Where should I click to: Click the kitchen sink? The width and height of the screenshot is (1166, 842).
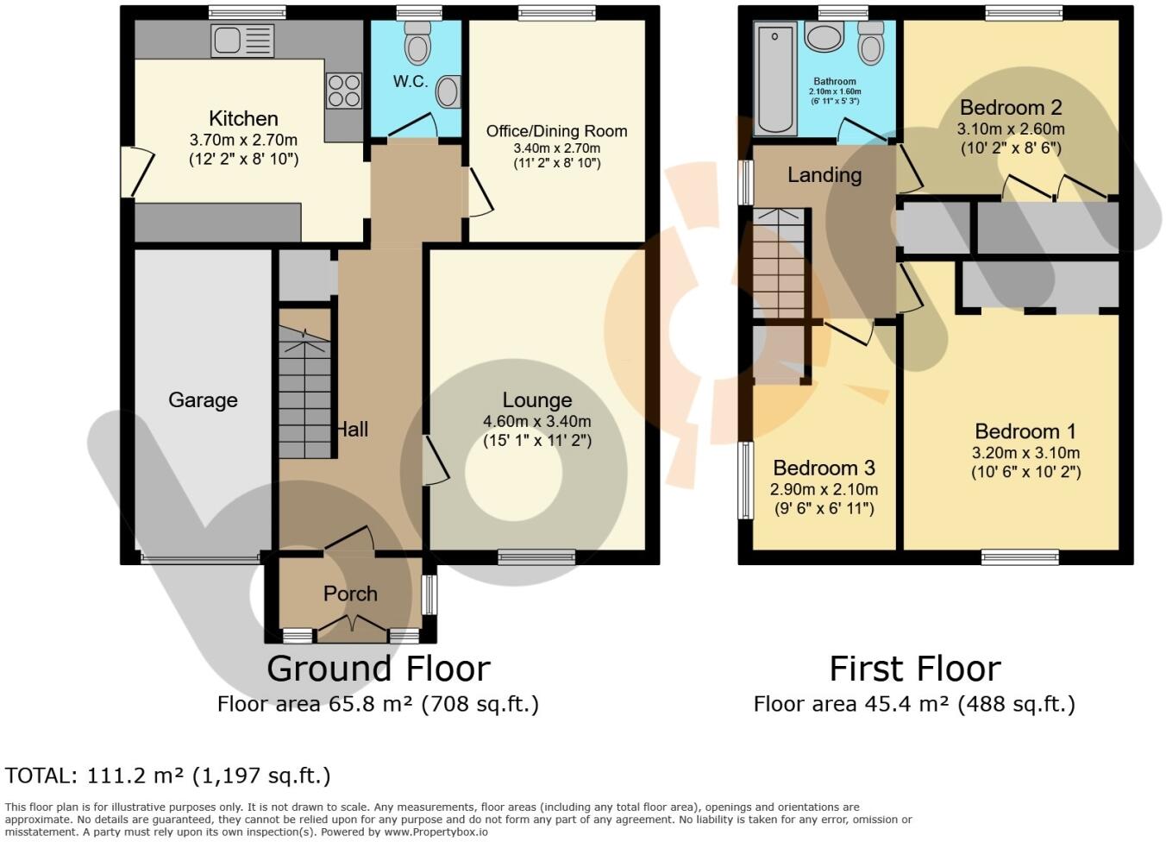(242, 41)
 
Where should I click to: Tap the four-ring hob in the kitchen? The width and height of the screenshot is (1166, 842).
(343, 91)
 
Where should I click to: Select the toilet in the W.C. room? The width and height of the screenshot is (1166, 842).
(417, 43)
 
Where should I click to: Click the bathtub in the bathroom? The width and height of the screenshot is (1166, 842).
(775, 79)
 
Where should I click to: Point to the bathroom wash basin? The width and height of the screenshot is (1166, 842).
(824, 37)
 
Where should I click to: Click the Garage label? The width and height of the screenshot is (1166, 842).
(203, 400)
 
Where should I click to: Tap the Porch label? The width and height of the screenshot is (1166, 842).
(350, 594)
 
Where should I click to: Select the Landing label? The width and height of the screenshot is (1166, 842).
(824, 175)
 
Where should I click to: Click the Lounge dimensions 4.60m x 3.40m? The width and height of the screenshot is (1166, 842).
(537, 421)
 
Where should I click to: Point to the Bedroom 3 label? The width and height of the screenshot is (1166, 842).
(824, 468)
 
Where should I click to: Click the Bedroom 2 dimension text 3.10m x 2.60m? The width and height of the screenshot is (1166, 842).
(1011, 129)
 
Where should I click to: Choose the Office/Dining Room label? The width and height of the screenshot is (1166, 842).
(557, 131)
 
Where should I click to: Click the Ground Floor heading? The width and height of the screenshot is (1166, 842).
(379, 669)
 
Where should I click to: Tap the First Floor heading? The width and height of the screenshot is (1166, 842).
(915, 669)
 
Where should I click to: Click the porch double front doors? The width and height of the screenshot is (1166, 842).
(353, 629)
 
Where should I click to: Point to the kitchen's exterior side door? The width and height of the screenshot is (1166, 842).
(138, 172)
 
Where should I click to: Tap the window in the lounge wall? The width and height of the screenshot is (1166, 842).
(536, 557)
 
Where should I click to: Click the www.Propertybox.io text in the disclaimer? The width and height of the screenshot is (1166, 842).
(436, 832)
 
